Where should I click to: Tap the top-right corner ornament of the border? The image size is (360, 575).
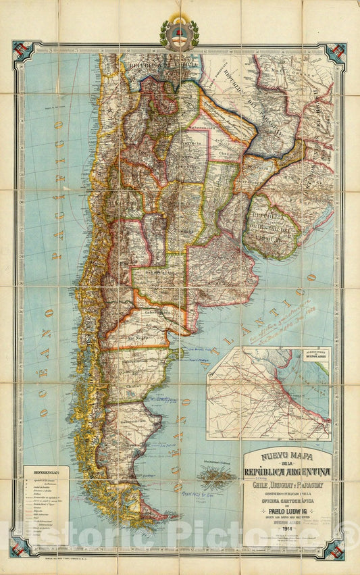pos(336,54)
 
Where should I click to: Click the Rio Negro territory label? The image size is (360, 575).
pos(138,335)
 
